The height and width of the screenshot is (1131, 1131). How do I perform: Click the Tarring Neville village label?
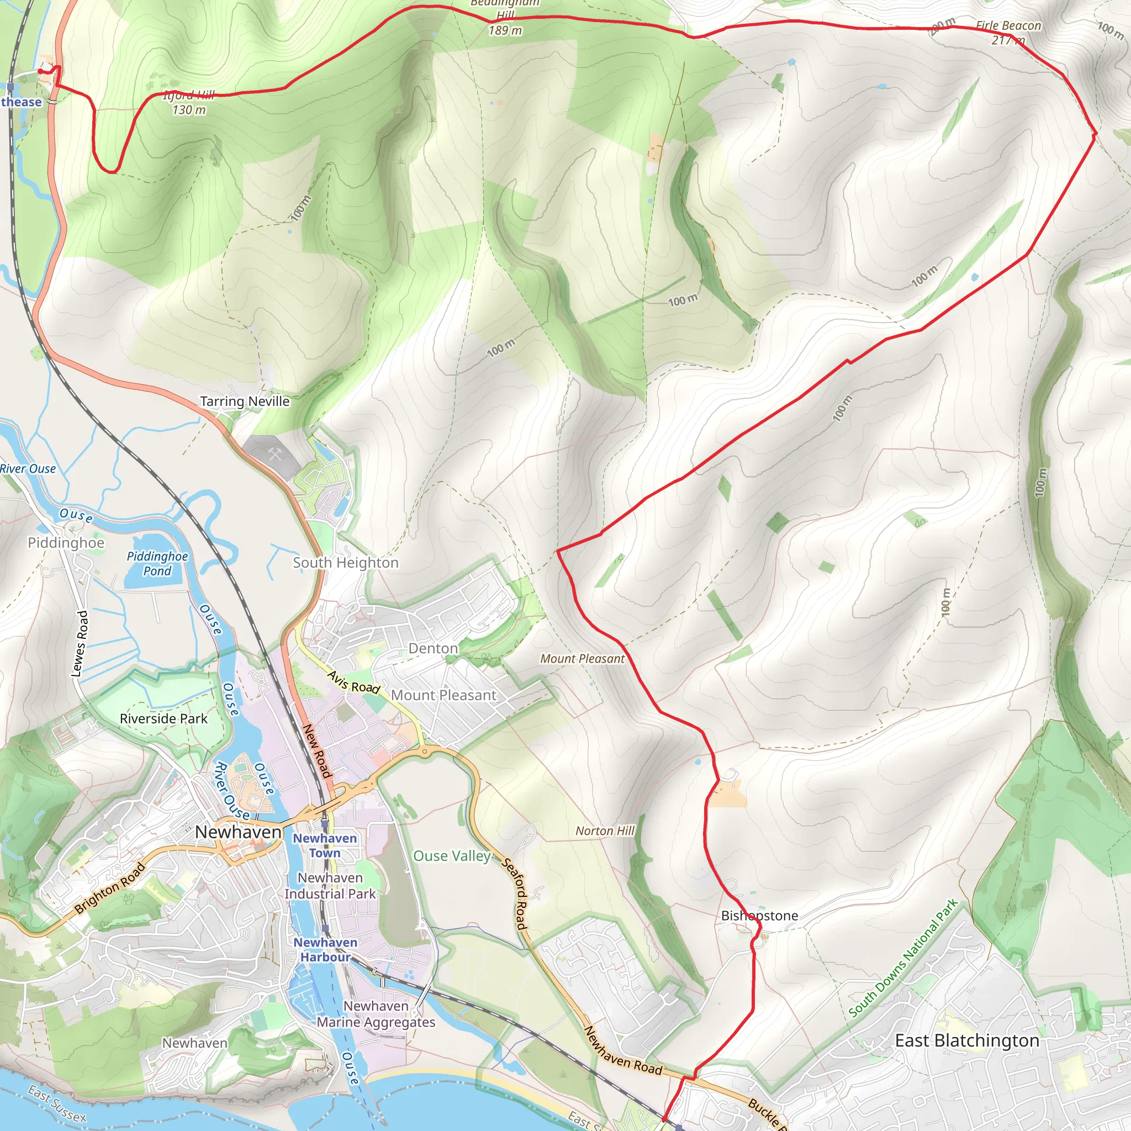[245, 401]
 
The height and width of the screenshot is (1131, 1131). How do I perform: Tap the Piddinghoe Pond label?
[157, 563]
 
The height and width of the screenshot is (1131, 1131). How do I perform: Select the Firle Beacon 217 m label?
[1008, 33]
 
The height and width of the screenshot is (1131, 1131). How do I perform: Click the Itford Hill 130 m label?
[188, 103]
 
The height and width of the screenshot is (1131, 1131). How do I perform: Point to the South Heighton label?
[345, 563]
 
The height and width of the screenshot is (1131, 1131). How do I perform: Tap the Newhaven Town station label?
[324, 845]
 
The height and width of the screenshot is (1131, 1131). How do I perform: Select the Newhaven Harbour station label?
[325, 949]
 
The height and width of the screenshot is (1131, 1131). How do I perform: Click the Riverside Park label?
[163, 718]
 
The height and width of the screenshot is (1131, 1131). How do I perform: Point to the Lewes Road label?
[80, 644]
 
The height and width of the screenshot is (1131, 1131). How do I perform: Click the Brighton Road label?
[109, 889]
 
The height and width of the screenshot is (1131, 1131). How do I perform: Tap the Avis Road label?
[353, 683]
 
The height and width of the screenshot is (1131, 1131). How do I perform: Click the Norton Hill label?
[605, 831]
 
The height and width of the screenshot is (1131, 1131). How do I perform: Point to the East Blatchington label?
[967, 1040]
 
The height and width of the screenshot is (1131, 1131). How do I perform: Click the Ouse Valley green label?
[451, 856]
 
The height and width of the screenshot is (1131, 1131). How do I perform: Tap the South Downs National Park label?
[902, 958]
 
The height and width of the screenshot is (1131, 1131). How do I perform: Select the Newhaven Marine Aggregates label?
[376, 1014]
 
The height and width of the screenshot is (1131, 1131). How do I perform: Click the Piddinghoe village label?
[66, 543]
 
